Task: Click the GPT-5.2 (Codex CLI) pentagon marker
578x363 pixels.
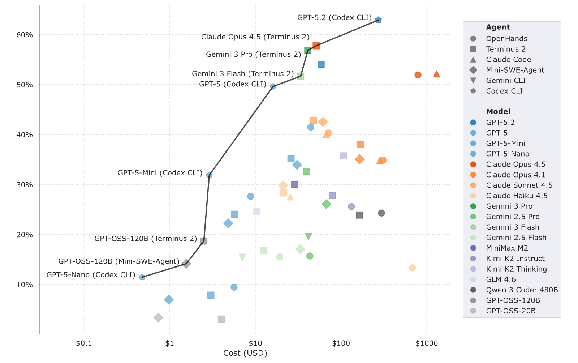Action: (x=378, y=20)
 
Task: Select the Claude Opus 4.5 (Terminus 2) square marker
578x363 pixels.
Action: (x=316, y=46)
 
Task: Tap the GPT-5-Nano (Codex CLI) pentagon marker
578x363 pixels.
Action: (x=142, y=277)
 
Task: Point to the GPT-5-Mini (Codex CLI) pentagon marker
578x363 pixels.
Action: (x=209, y=175)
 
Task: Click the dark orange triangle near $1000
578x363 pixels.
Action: (x=437, y=74)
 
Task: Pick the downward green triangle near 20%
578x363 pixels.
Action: (x=309, y=236)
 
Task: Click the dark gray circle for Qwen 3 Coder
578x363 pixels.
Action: (x=381, y=213)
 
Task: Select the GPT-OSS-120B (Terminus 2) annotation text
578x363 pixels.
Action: (x=146, y=239)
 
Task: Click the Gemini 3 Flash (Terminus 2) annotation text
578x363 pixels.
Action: (x=243, y=74)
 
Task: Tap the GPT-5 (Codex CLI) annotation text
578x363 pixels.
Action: (x=233, y=84)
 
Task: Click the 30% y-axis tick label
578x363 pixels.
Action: (x=25, y=185)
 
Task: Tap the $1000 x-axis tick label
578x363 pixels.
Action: (x=427, y=343)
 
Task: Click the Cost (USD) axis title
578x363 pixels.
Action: (x=245, y=353)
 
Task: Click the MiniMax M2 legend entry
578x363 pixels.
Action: (x=499, y=248)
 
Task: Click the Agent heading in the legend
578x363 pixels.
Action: (x=498, y=27)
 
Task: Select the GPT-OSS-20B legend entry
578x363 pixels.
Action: (x=502, y=311)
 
